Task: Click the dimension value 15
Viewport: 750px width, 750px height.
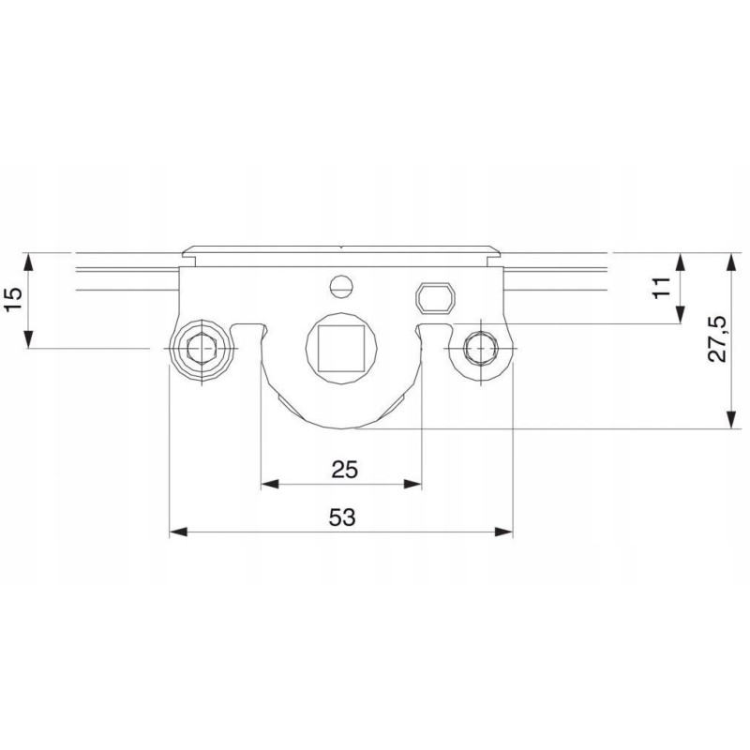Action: click(x=14, y=300)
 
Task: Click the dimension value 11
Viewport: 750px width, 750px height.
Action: click(x=663, y=288)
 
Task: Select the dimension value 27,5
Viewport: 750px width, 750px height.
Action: click(x=717, y=338)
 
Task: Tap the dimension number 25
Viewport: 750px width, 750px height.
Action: click(x=344, y=470)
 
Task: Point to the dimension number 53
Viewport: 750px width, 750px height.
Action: click(x=342, y=517)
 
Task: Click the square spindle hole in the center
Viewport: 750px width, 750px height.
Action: click(x=341, y=348)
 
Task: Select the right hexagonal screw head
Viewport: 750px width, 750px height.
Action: click(x=481, y=349)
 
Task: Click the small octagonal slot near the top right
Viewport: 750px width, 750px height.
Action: click(x=435, y=298)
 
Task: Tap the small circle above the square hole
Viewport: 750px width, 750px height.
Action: click(x=341, y=287)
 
